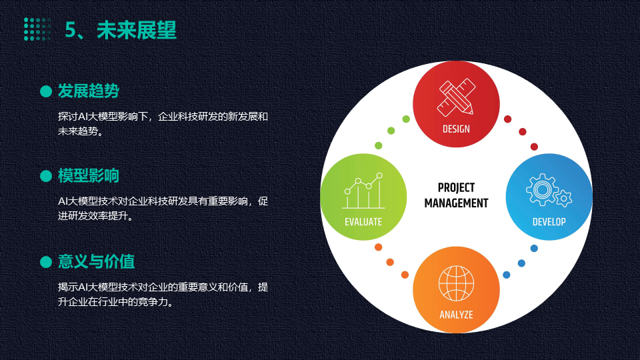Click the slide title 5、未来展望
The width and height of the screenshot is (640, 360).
pos(121,30)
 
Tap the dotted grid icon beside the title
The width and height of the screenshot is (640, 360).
pos(37,29)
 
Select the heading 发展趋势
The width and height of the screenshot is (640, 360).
pos(88,91)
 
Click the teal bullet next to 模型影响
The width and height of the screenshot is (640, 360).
pos(46,176)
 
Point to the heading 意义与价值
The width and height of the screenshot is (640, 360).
pos(96,261)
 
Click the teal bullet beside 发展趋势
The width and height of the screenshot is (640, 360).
pos(46,91)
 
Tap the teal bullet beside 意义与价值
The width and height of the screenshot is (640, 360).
pos(46,261)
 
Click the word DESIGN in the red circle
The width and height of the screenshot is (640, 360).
pos(456,129)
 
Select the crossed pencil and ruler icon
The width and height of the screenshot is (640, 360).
pos(456,97)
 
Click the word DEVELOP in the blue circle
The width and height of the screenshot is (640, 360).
pos(549,221)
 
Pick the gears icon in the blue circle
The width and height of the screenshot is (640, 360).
pos(549,190)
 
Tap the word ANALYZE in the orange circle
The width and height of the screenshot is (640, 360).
pos(456,315)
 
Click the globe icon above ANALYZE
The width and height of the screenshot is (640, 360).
pos(456,283)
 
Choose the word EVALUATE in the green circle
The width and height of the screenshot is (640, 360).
pos(363,221)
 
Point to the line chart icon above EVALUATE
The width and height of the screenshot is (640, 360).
pos(363,191)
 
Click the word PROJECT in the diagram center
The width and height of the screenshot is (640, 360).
pos(456,188)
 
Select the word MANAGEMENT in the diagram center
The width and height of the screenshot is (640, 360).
pos(456,203)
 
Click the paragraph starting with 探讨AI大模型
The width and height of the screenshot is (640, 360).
pos(163,124)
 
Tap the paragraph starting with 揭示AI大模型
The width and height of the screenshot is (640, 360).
pos(163,294)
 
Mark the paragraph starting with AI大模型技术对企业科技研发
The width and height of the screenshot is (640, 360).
pos(163,208)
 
